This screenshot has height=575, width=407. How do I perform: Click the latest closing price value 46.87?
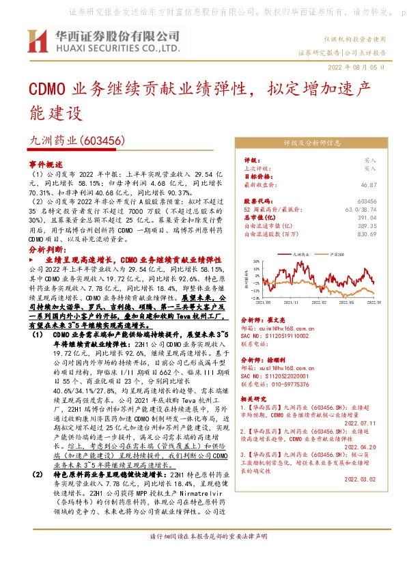369,184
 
